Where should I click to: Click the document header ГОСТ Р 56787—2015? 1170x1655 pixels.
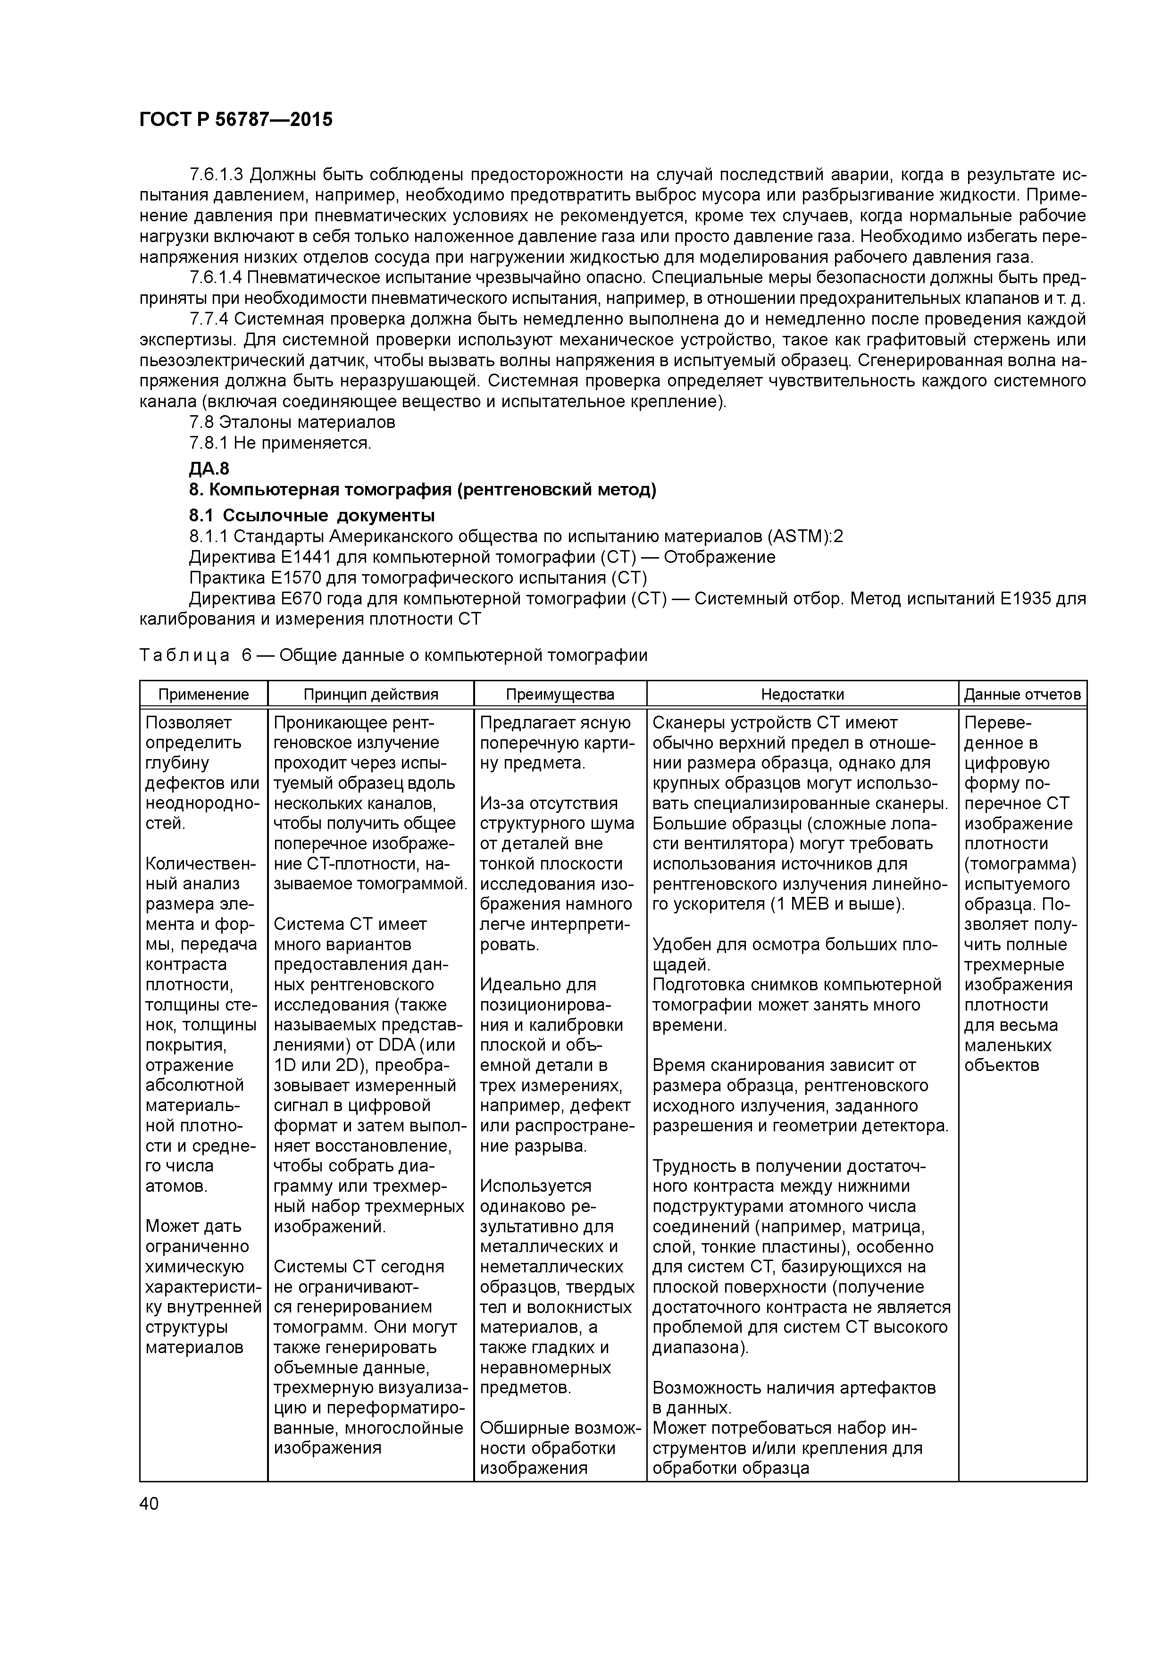[236, 120]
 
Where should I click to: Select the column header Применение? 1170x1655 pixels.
[203, 694]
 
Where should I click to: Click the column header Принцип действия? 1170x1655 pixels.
[370, 694]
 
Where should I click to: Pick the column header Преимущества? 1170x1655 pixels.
[560, 694]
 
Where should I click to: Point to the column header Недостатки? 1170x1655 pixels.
[802, 694]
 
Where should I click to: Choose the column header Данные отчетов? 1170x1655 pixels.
[1022, 694]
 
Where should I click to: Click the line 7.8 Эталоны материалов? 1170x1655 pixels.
[292, 422]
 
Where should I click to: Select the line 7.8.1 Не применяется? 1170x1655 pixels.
[280, 443]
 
